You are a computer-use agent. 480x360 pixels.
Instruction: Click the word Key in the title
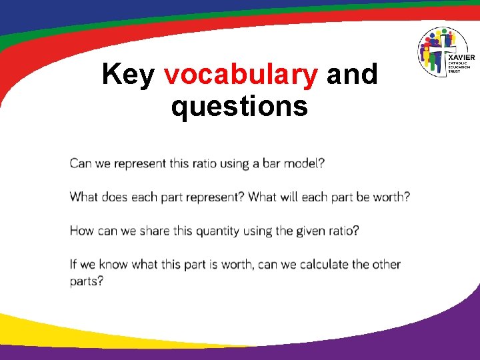tap(129, 75)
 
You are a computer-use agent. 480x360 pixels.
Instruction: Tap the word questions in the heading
tap(239, 105)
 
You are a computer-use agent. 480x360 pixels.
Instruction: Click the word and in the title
tap(352, 75)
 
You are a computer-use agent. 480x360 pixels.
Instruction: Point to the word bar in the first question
tap(272, 163)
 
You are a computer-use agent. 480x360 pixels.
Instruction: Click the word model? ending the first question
tap(304, 163)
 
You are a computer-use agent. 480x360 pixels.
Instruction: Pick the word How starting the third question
tap(82, 231)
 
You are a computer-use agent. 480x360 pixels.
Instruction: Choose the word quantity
tap(213, 231)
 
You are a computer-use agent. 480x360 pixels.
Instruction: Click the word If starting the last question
tap(73, 264)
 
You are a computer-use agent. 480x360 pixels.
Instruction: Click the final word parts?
tap(87, 281)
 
